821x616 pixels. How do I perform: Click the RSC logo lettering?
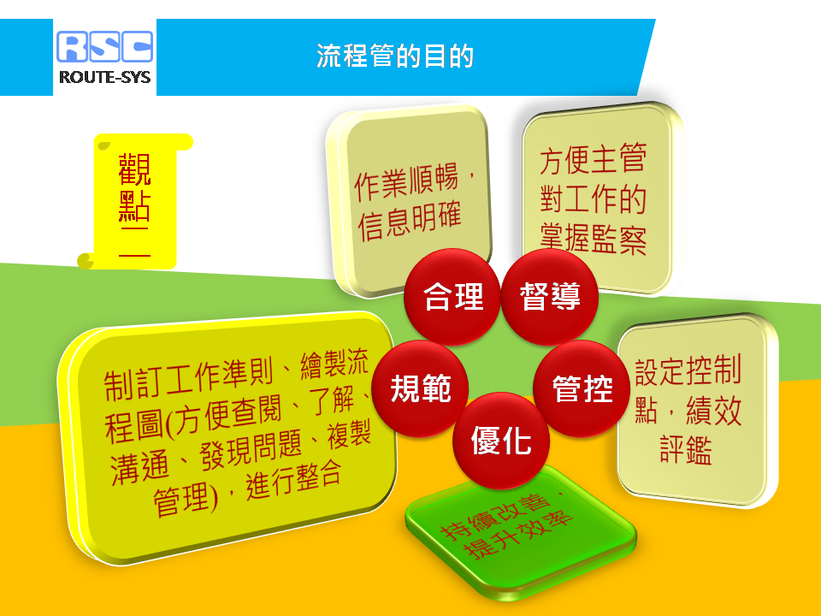coord(104,46)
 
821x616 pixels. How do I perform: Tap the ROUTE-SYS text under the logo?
coord(104,78)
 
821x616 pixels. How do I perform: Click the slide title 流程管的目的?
coord(395,56)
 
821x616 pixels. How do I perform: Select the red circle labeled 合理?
coord(452,297)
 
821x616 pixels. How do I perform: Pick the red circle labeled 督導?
coord(550,297)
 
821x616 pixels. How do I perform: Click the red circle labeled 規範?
coord(420,388)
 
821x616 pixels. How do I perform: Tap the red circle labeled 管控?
coord(582,388)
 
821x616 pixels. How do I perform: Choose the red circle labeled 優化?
coord(501,441)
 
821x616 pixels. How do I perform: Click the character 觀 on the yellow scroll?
coord(134,169)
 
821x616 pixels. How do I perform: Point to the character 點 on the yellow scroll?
coord(134,206)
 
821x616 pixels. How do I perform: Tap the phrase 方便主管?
coord(594,159)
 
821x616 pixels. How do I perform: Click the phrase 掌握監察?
coord(594,240)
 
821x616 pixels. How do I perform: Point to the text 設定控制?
coord(688,370)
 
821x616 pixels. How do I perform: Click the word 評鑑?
coord(686,449)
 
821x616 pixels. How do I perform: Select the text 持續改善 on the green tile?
coord(495,516)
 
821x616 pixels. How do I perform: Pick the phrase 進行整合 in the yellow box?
coord(293,479)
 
